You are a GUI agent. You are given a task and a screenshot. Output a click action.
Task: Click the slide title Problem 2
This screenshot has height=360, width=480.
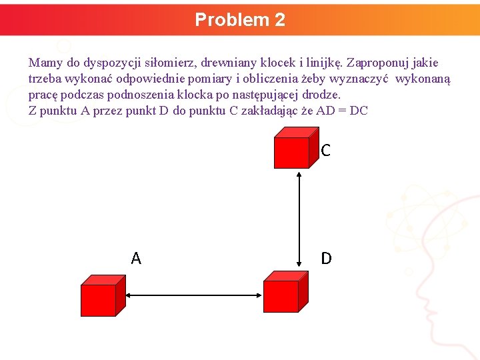click(x=240, y=20)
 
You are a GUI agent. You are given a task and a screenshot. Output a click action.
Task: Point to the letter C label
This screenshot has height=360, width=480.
click(x=325, y=151)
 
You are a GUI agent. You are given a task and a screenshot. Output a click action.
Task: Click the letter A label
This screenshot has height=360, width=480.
click(x=136, y=259)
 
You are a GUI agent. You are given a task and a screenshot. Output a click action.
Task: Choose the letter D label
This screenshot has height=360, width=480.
click(x=326, y=258)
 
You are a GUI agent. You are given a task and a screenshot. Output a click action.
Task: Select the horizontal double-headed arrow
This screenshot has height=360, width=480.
click(x=193, y=296)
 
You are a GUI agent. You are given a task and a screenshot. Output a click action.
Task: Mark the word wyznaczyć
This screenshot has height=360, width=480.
click(x=364, y=79)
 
